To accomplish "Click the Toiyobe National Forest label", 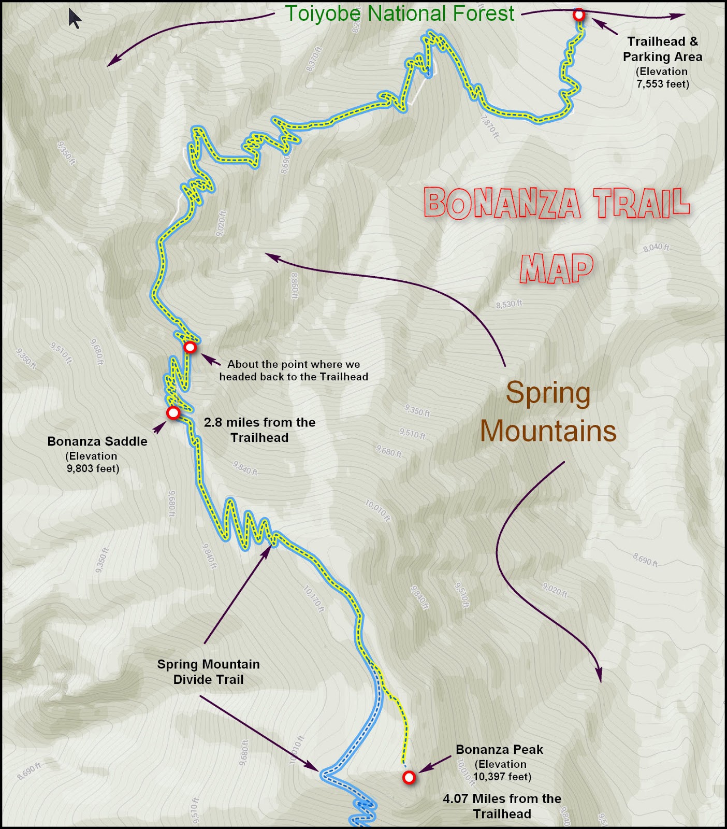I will [x=400, y=13].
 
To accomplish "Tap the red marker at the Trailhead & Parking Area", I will [x=579, y=15].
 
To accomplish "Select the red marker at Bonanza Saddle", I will [x=173, y=413].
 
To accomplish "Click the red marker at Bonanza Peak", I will [x=409, y=777].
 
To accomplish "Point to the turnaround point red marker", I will [x=190, y=347].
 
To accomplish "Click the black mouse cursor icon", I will [x=75, y=18].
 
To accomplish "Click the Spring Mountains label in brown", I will [x=548, y=411].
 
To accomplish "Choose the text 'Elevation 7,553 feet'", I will [x=662, y=78].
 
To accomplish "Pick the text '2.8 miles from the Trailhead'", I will [x=259, y=430].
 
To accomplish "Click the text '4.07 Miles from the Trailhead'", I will [x=502, y=806].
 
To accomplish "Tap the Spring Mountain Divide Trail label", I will [x=208, y=671].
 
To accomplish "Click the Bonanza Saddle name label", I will [x=97, y=441].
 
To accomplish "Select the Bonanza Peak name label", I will [x=499, y=749].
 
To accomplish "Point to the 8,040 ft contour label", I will [x=656, y=248].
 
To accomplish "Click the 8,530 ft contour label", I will [x=508, y=304].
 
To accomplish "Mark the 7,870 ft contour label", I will [x=490, y=126].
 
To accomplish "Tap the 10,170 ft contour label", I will [x=314, y=599].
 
